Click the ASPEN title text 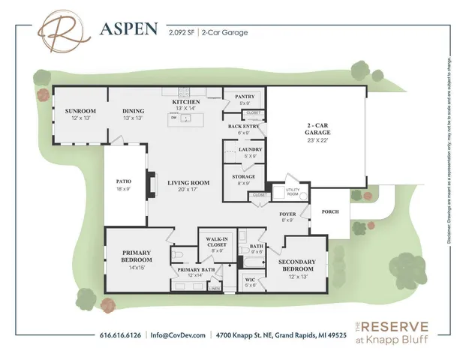(x=128, y=29)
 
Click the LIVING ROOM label (x=188, y=182)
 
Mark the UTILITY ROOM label (x=293, y=193)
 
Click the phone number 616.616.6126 (x=121, y=334)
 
